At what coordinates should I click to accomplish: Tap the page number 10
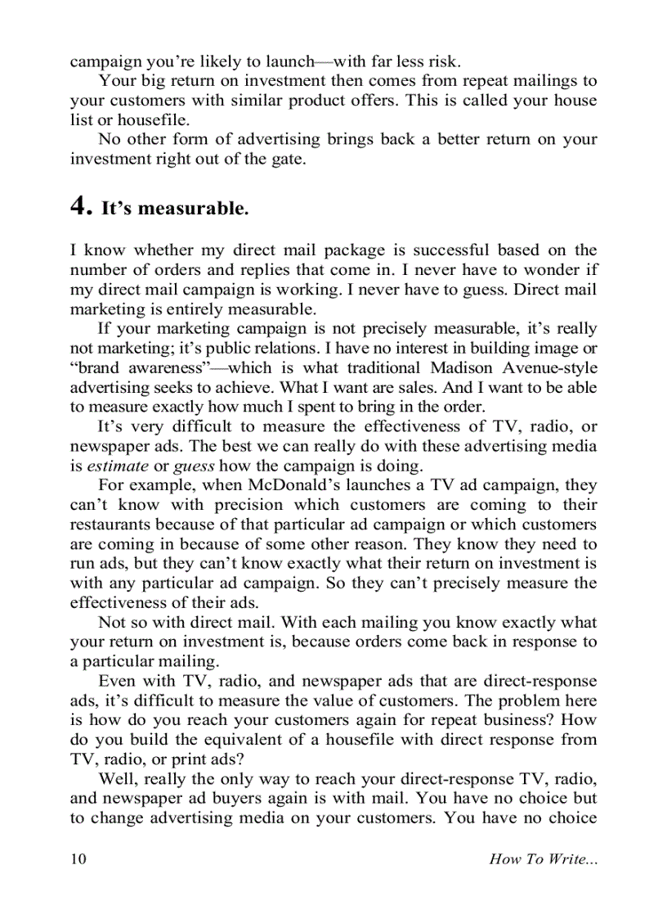[78, 858]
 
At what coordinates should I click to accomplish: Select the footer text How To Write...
[542, 858]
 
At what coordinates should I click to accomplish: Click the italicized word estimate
[118, 466]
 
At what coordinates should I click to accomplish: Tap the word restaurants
[112, 525]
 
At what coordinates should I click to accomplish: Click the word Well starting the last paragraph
[115, 778]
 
